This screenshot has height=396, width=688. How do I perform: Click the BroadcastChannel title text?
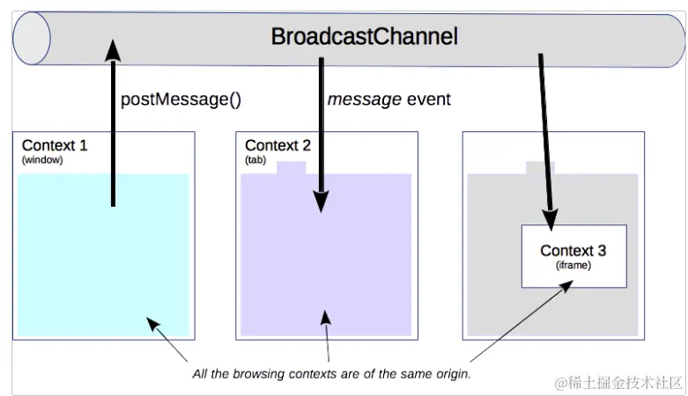point(364,36)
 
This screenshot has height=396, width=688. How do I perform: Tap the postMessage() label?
point(181,99)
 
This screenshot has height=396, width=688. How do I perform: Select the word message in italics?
point(364,99)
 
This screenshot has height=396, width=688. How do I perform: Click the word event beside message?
point(429,99)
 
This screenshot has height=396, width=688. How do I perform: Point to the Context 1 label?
point(55,145)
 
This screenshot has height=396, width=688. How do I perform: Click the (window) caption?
point(42,159)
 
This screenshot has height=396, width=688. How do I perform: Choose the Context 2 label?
point(277,145)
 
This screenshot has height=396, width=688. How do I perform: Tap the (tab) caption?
point(255,159)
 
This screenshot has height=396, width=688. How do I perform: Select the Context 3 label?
point(573,251)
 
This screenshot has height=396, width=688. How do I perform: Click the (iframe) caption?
point(573,265)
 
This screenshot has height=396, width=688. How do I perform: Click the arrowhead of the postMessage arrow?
point(114,50)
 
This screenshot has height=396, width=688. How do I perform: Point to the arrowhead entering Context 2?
point(322,202)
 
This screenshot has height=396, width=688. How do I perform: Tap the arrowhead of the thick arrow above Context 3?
point(551,219)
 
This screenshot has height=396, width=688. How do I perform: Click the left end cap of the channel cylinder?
point(32,39)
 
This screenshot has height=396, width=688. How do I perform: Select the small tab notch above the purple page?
point(291,168)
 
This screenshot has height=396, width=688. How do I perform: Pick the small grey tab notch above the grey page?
point(540,168)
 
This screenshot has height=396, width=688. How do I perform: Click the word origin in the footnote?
point(454,374)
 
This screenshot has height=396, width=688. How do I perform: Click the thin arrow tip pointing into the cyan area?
point(149,320)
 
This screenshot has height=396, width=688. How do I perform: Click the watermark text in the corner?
point(618,383)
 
